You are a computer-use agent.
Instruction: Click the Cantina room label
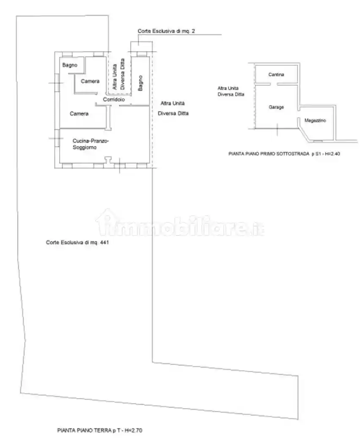pyautogui.click(x=276, y=74)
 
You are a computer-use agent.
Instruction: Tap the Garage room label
pyautogui.click(x=276, y=107)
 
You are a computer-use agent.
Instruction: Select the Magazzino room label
pyautogui.click(x=315, y=121)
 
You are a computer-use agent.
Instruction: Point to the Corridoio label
pyautogui.click(x=114, y=99)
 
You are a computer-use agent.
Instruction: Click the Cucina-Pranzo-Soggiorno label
pyautogui.click(x=91, y=144)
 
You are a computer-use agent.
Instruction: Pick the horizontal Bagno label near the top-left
pyautogui.click(x=69, y=65)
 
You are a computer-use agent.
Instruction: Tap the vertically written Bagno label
pyautogui.click(x=140, y=82)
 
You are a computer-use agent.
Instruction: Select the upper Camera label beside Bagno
pyautogui.click(x=90, y=81)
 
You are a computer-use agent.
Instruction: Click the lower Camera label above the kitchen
pyautogui.click(x=79, y=113)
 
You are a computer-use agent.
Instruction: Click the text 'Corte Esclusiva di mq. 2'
pyautogui.click(x=166, y=31)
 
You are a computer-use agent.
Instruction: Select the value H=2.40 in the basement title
pyautogui.click(x=332, y=154)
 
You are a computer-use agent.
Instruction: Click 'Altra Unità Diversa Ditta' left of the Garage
pyautogui.click(x=231, y=91)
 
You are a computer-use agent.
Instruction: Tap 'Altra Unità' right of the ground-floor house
pyautogui.click(x=173, y=103)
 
